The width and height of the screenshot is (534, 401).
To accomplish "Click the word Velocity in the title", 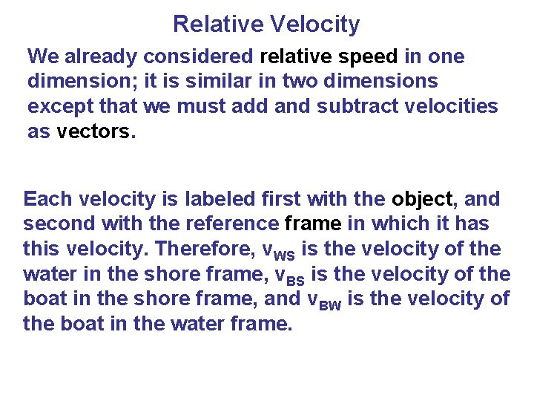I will pyautogui.click(x=315, y=25).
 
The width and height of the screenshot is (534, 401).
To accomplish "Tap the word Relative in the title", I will pyautogui.click(x=216, y=25).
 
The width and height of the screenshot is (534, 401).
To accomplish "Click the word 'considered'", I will pyautogui.click(x=200, y=56).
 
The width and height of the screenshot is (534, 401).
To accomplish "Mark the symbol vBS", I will pyautogui.click(x=291, y=275).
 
